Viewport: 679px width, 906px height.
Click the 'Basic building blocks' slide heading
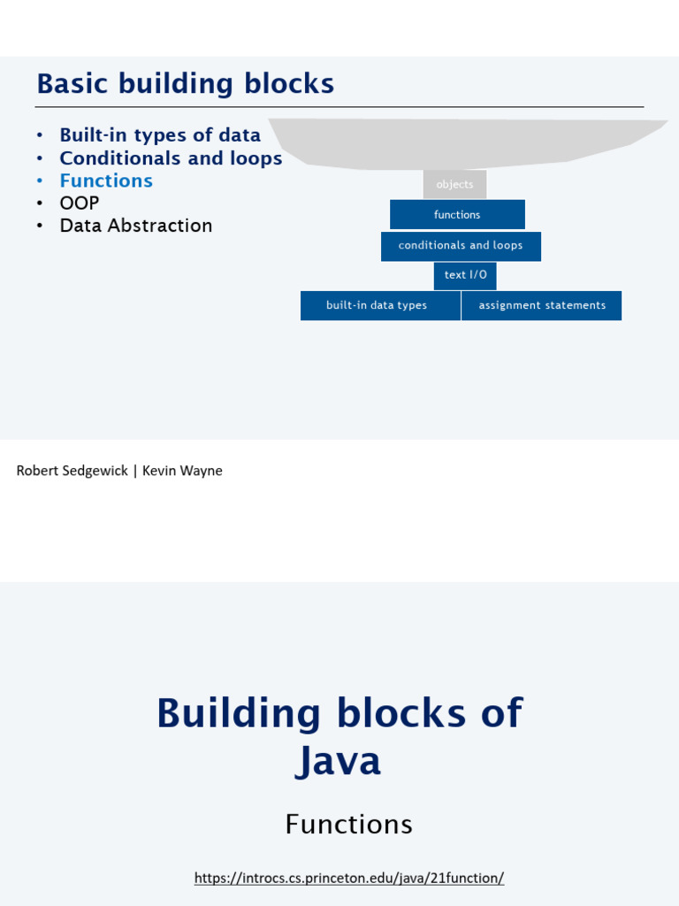pyautogui.click(x=185, y=84)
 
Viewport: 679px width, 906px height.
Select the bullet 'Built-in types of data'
pyautogui.click(x=160, y=135)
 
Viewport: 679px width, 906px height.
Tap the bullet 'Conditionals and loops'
pyautogui.click(x=171, y=158)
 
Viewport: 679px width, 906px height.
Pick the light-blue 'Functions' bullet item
pyautogui.click(x=106, y=180)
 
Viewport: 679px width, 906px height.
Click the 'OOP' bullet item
pyautogui.click(x=80, y=203)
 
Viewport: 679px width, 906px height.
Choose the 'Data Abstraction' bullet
pyautogui.click(x=136, y=226)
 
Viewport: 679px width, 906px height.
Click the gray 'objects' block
pyautogui.click(x=454, y=184)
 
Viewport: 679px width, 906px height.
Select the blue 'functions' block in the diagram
pyautogui.click(x=457, y=214)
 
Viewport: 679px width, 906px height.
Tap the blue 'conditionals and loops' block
pyautogui.click(x=461, y=245)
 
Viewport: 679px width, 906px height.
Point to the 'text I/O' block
pyautogui.click(x=465, y=275)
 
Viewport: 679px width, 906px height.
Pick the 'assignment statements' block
pyautogui.click(x=541, y=305)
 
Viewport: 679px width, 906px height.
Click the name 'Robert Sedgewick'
pyautogui.click(x=72, y=471)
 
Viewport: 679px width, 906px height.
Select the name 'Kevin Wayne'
pyautogui.click(x=182, y=471)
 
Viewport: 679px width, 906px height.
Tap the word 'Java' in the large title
pyautogui.click(x=339, y=761)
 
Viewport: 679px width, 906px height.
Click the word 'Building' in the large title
pyautogui.click(x=238, y=713)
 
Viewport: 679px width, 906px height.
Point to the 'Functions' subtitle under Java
pyautogui.click(x=348, y=825)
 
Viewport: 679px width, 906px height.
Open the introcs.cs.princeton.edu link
pyautogui.click(x=348, y=878)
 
